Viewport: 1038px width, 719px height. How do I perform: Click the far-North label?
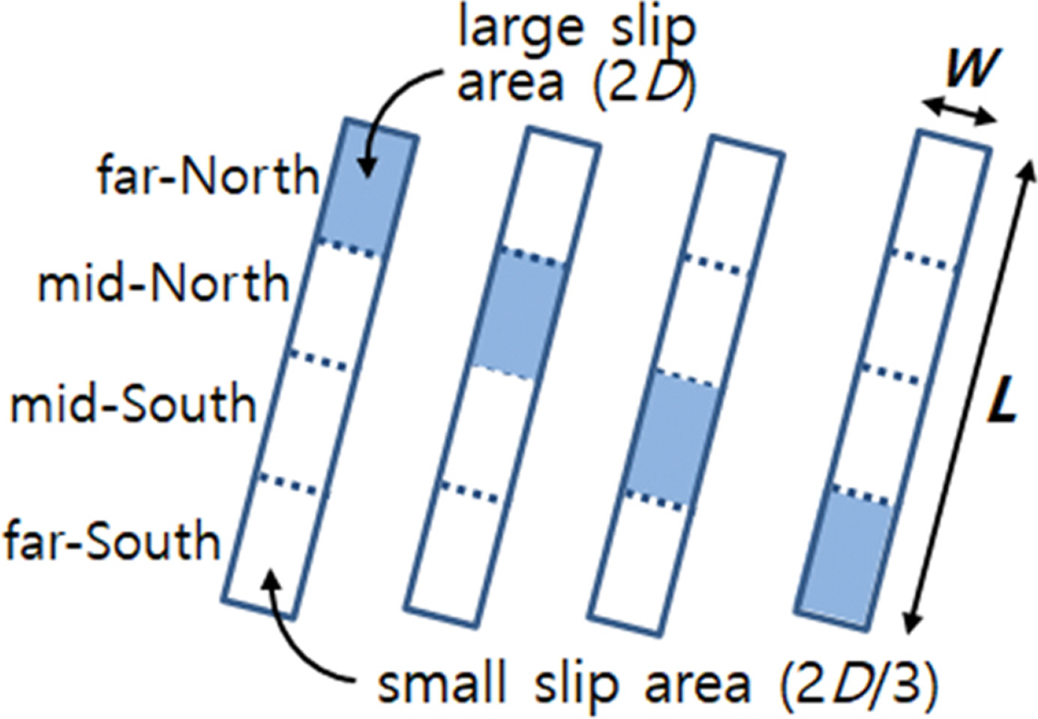click(208, 176)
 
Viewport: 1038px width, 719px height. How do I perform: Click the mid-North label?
click(163, 284)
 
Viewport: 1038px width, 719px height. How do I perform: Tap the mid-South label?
click(133, 404)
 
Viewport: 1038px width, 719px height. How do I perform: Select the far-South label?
click(112, 541)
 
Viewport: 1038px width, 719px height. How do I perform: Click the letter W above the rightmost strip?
click(971, 70)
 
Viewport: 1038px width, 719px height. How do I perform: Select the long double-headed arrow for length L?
click(967, 398)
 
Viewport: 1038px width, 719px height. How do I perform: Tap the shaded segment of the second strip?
click(517, 314)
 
